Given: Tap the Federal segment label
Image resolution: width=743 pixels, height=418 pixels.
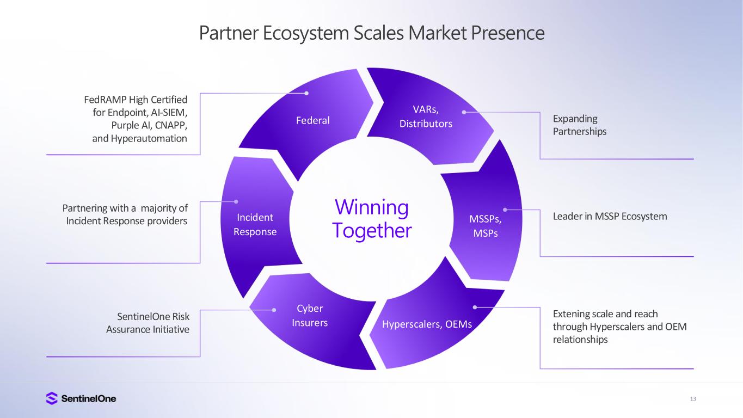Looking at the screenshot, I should (313, 120).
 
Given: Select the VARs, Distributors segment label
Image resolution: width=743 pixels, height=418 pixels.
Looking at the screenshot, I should (426, 117).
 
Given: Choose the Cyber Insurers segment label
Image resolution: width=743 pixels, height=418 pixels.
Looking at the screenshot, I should (310, 316).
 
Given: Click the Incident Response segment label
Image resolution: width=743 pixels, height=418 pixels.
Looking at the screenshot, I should (255, 225).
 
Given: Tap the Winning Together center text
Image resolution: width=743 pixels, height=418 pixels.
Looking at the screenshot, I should (372, 219).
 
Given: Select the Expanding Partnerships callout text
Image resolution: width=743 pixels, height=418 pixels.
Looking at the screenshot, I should (580, 125).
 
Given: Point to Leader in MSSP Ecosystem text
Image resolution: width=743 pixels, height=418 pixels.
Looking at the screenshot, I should (610, 217).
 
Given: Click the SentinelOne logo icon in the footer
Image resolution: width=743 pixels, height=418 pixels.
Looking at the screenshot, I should (52, 398).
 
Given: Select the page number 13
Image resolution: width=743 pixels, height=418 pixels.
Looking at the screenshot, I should (693, 399).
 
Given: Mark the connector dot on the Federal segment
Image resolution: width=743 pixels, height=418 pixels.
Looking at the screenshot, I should (306, 93).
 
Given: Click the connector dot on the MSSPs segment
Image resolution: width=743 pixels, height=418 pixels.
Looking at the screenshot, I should (505, 209).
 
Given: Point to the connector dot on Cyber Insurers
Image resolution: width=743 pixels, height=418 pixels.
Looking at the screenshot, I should (274, 310).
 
